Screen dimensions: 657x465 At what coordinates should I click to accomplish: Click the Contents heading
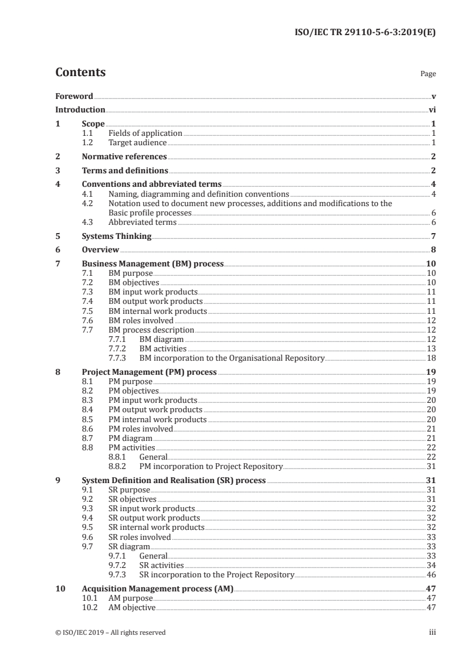pyautogui.click(x=80, y=73)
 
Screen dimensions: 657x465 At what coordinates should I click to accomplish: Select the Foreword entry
pyautogui.click(x=74, y=96)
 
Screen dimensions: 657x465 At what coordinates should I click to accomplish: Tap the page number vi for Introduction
pyautogui.click(x=432, y=109)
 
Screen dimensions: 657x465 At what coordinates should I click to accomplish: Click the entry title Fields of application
pyautogui.click(x=145, y=133)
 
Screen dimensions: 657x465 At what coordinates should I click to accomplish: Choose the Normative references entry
pyautogui.click(x=124, y=156)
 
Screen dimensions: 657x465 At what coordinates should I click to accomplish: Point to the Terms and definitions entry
pyautogui.click(x=125, y=170)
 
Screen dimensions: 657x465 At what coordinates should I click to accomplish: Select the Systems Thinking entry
pyautogui.click(x=117, y=236)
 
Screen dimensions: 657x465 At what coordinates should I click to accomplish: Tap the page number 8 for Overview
pyautogui.click(x=433, y=250)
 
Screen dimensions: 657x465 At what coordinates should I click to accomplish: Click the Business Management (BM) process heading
pyautogui.click(x=152, y=264)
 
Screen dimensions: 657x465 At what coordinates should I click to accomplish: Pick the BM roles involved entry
pyautogui.click(x=141, y=320)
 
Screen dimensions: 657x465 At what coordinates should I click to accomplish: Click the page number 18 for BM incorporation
pyautogui.click(x=430, y=357)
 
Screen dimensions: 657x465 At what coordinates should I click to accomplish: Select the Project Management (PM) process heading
pyautogui.click(x=149, y=371)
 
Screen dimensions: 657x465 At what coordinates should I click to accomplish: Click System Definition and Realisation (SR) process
pyautogui.click(x=174, y=481)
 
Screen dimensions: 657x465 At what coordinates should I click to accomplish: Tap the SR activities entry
pyautogui.click(x=161, y=565)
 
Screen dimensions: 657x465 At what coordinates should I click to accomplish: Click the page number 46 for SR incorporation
pyautogui.click(x=430, y=574)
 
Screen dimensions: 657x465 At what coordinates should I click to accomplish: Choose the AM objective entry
pyautogui.click(x=132, y=607)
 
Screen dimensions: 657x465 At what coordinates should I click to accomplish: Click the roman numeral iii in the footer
pyautogui.click(x=432, y=632)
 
